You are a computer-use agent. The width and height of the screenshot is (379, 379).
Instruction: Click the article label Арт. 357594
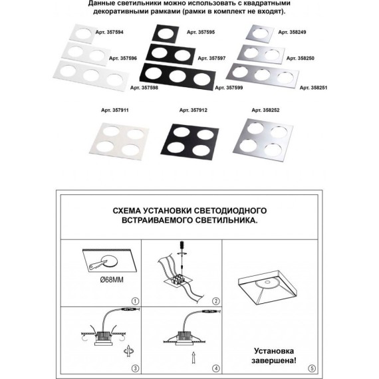coord(109,32)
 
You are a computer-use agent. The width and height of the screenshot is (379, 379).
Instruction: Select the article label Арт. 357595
coord(201,32)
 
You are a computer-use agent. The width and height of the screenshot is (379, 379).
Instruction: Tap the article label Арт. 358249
coord(292,32)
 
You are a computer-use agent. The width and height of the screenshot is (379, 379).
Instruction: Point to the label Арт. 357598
coord(144,88)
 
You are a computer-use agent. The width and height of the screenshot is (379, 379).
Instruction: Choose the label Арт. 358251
coord(313,88)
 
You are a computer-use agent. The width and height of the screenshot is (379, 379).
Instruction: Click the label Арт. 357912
coord(193,110)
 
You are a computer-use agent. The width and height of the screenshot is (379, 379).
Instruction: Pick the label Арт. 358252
coord(265,110)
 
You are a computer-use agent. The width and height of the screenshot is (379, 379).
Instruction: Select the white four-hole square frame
coord(120,141)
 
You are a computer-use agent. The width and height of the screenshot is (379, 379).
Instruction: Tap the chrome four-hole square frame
coord(263,140)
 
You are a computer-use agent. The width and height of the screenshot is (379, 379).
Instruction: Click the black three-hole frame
coord(178,76)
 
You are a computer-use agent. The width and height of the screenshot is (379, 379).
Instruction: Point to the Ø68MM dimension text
coord(112,280)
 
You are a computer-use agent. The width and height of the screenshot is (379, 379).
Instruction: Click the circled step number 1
coord(135,301)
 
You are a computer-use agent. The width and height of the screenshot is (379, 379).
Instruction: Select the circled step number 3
coord(135,368)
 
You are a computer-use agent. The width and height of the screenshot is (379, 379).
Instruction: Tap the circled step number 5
coord(312,368)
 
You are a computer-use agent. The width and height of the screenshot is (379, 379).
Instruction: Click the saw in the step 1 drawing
coord(98,265)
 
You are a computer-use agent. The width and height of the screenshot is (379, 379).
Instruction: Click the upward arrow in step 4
coord(193,358)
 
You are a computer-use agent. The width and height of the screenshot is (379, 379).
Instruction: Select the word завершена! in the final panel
coord(274,361)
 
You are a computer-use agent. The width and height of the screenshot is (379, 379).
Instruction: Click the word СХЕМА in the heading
coord(126,211)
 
